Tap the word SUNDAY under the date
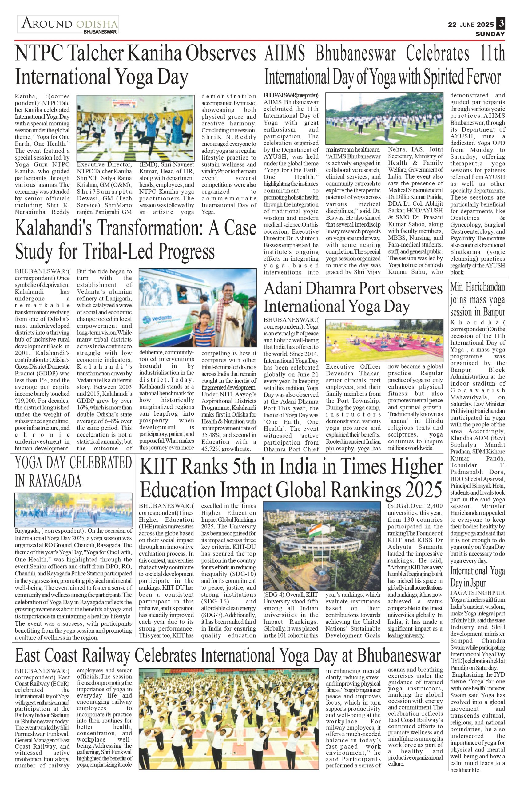pos(490,34)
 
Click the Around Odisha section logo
pos(68,25)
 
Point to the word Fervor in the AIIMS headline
pos(484,77)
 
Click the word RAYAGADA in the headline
pos(48,481)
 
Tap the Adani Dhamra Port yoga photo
pos(384,340)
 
